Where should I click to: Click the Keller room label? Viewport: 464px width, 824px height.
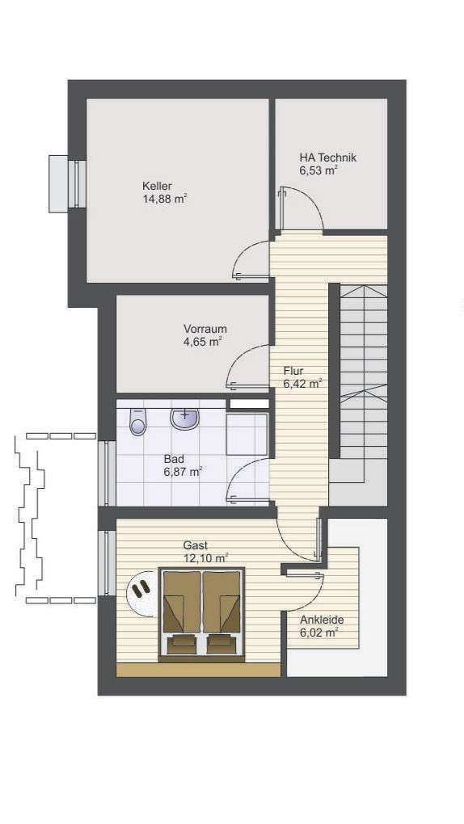157,186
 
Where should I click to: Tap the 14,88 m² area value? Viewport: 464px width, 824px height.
165,199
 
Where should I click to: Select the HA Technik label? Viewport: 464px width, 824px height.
327,158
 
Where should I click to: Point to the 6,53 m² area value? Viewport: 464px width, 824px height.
318,170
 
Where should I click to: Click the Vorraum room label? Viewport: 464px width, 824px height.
205,329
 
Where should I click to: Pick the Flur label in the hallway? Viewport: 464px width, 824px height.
293,371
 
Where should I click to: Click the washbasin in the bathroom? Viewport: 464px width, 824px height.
185,418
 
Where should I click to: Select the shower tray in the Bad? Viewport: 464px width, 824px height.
247,436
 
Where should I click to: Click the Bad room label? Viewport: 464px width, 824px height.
174,459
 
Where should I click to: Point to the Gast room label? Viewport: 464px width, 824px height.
196,545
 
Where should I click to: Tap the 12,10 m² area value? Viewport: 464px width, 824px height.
205,557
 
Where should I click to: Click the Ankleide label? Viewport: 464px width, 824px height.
322,620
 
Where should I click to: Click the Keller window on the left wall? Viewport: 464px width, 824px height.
78,183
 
